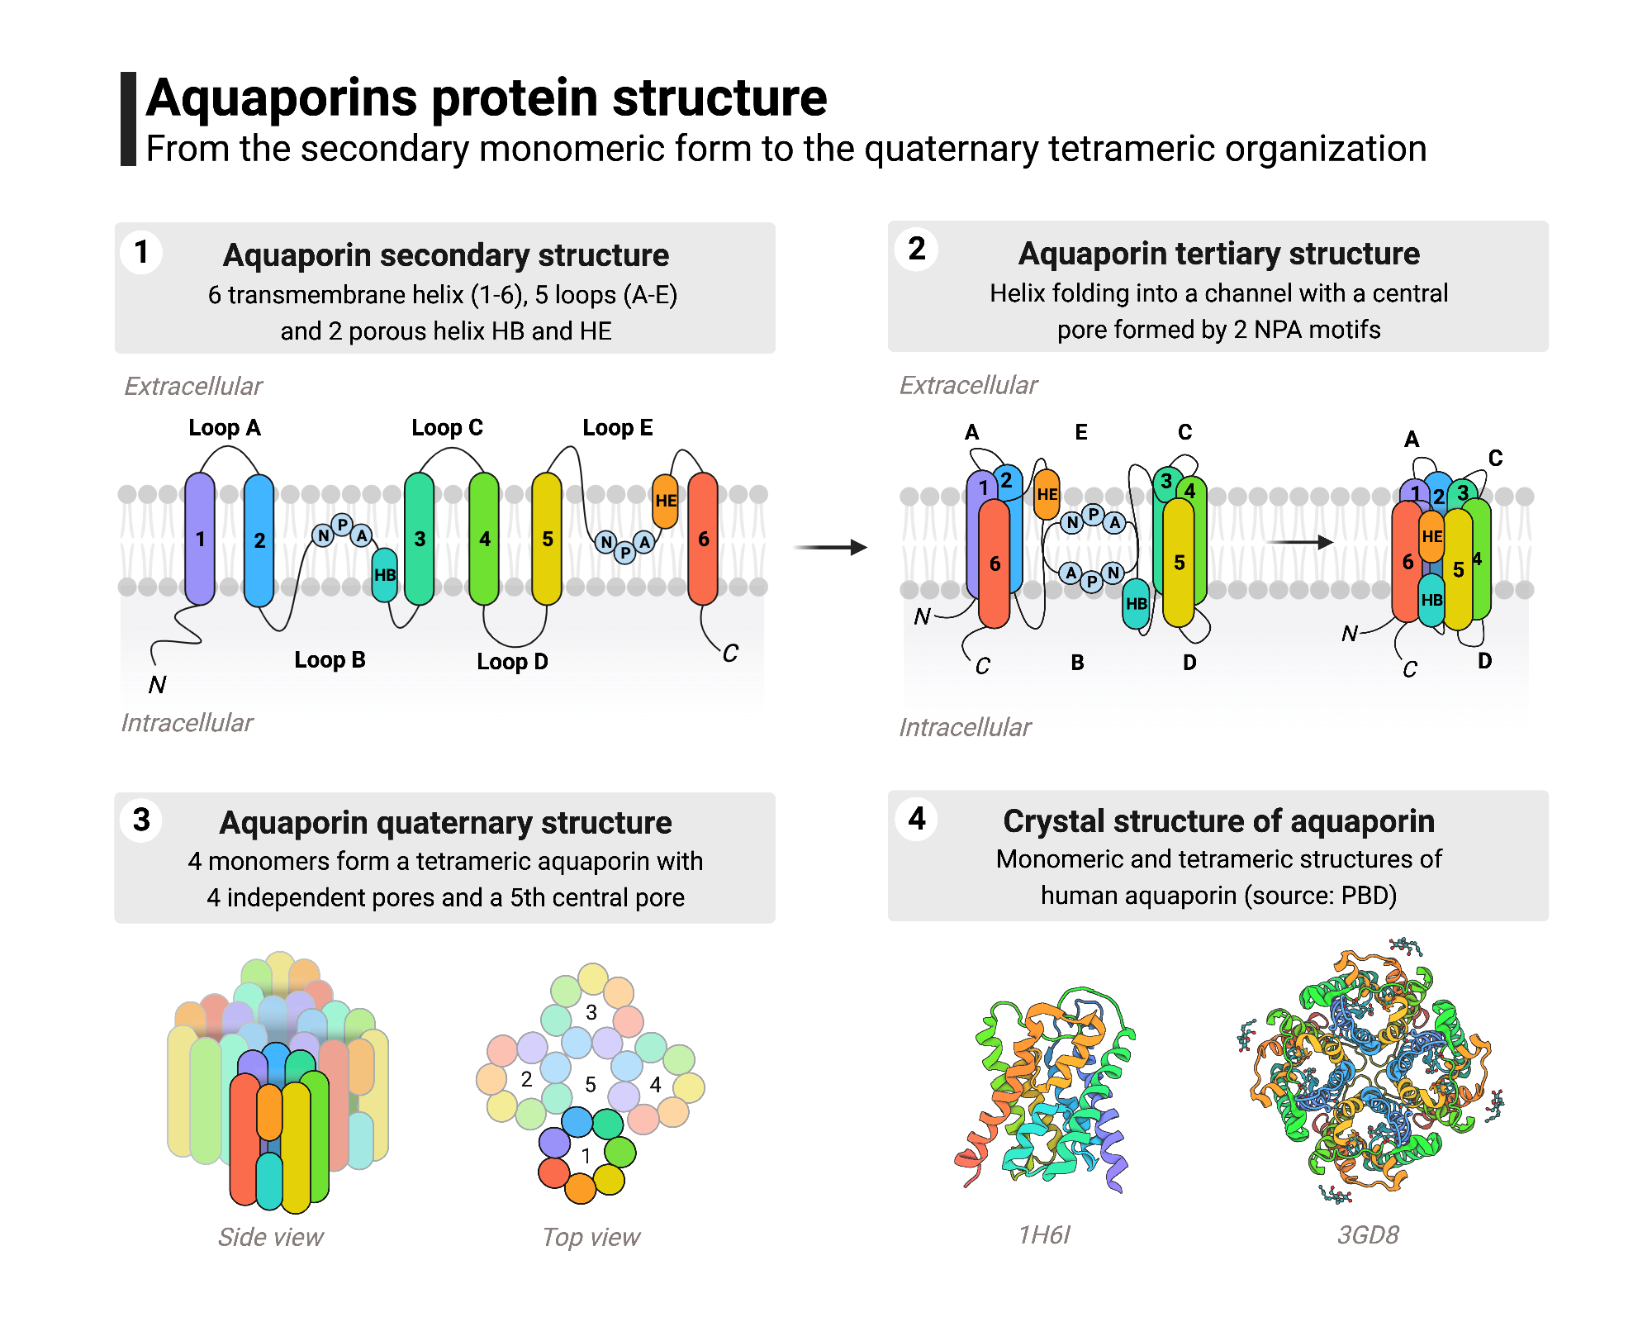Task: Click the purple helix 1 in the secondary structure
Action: (x=200, y=539)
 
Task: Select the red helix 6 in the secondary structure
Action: (x=703, y=539)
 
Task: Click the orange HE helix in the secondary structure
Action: (x=665, y=501)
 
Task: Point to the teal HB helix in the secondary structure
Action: (x=385, y=575)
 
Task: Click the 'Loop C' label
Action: (x=447, y=428)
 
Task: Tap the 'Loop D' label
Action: (x=512, y=662)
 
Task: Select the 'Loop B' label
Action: (x=330, y=660)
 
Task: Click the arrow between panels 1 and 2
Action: (x=830, y=547)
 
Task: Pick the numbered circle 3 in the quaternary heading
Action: (x=141, y=820)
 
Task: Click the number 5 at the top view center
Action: (x=591, y=1084)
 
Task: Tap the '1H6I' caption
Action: (x=1044, y=1234)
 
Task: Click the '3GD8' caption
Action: (x=1368, y=1234)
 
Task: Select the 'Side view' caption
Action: (x=270, y=1237)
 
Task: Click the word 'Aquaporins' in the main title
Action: (x=281, y=97)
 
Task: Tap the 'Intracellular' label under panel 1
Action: (x=187, y=723)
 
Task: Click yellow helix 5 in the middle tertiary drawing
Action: (x=1179, y=562)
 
